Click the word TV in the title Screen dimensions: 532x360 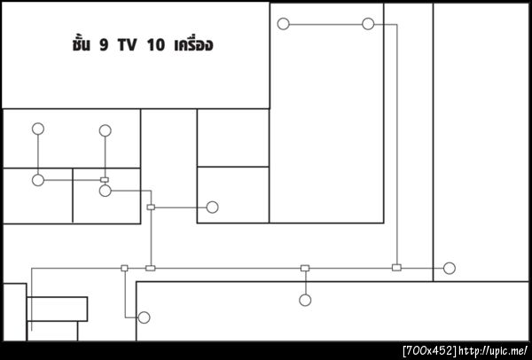coord(127,45)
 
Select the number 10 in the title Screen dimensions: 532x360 coord(156,45)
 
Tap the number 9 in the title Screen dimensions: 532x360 coord(104,45)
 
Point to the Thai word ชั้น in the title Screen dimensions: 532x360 coord(81,44)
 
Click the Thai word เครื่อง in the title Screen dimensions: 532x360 coord(193,44)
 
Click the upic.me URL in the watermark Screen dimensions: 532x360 coord(493,351)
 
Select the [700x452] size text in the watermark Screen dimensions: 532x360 coord(430,351)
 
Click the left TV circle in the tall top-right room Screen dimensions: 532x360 coord(284,24)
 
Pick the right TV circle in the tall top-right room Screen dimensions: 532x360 coord(368,24)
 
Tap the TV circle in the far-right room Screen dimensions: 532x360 coord(450,268)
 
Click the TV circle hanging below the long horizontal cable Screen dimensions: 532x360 coord(305,300)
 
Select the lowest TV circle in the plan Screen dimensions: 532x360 coord(144,317)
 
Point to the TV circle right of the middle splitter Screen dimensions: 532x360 coord(213,207)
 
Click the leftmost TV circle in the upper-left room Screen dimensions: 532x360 coord(38,129)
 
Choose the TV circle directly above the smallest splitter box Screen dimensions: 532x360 coord(106,130)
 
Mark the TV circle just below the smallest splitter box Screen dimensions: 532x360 coord(106,191)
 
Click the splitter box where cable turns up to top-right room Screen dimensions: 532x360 coord(396,268)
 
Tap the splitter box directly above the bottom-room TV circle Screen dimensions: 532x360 coord(305,268)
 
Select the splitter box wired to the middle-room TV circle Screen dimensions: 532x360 coord(151,207)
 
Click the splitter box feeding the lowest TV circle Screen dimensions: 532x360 coord(124,268)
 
